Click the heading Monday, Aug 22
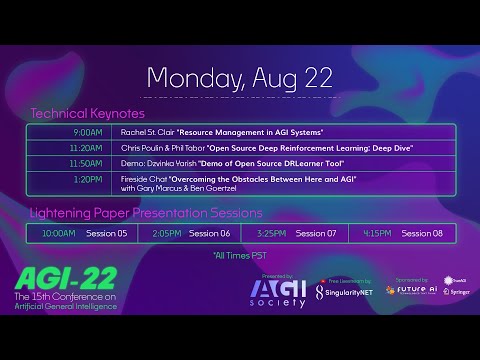240,77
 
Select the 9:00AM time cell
88,132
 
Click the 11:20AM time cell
88,148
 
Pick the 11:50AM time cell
88,163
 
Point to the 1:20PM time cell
88,179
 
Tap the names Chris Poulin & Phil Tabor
162,148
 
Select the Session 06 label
210,233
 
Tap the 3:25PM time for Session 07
273,233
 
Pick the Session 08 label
422,233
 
